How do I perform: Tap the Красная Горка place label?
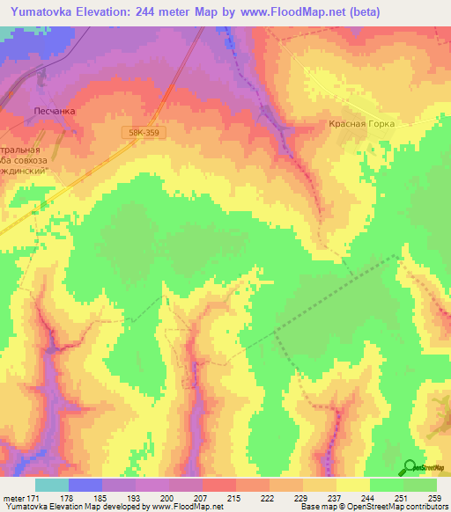click(362, 124)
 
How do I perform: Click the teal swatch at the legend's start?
click(52, 485)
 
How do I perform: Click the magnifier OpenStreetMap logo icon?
click(410, 467)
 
